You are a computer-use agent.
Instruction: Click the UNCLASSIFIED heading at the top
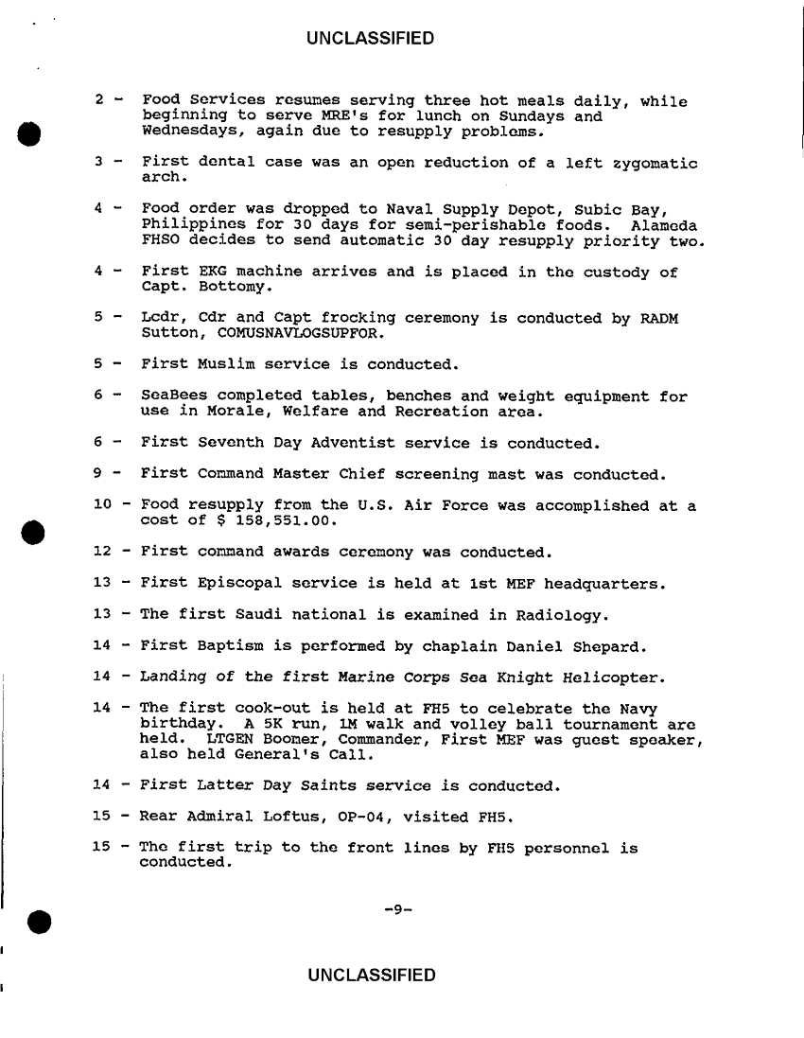(371, 39)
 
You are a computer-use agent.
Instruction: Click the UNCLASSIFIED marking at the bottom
(371, 976)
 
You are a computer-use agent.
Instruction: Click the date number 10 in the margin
(103, 506)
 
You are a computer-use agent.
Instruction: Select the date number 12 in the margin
(103, 552)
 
